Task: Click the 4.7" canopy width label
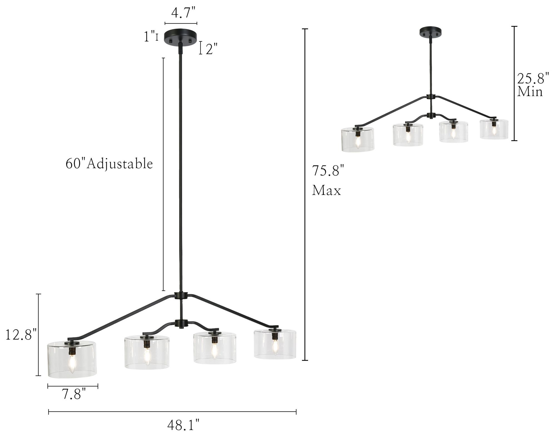tap(183, 13)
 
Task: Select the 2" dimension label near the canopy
tap(211, 49)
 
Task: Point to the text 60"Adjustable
tap(109, 163)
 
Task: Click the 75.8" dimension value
tap(328, 171)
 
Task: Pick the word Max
tap(326, 191)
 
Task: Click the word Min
tap(530, 92)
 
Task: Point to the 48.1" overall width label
tap(183, 425)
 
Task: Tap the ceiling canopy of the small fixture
tap(431, 32)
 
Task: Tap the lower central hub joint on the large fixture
tap(181, 323)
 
